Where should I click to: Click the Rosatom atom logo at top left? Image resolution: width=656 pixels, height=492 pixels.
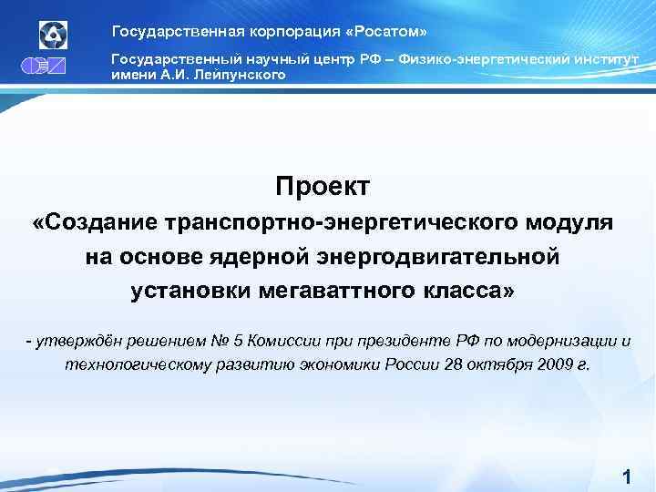click(53, 35)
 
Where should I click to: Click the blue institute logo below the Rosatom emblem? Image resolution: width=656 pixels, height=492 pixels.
click(53, 67)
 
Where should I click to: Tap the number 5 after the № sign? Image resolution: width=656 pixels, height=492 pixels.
click(239, 342)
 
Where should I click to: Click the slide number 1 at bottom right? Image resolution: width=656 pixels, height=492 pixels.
click(626, 477)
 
